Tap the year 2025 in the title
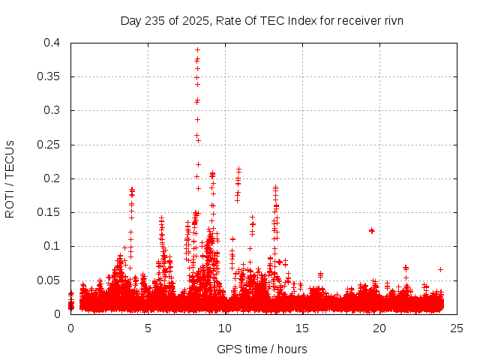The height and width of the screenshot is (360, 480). click(193, 20)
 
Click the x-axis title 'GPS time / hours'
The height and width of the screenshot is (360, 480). click(262, 349)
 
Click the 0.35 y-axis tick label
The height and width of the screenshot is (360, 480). click(51, 76)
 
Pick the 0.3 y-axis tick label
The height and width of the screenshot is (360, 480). click(54, 110)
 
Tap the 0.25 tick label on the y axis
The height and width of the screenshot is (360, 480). click(51, 145)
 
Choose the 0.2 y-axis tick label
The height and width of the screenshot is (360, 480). click(54, 178)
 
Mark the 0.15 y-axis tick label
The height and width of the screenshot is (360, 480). click(51, 212)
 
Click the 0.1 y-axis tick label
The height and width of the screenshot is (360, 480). click(54, 246)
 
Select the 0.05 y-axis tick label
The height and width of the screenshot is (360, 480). click(51, 280)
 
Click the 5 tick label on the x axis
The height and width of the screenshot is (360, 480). click(148, 328)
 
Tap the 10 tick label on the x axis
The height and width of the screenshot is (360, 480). click(225, 328)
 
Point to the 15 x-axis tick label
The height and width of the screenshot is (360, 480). click(302, 328)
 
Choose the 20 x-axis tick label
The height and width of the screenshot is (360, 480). click(379, 328)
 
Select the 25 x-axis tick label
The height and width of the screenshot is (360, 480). click(457, 328)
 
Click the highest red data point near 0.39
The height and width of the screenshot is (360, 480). click(197, 49)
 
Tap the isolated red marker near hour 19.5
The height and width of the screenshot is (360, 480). click(371, 230)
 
